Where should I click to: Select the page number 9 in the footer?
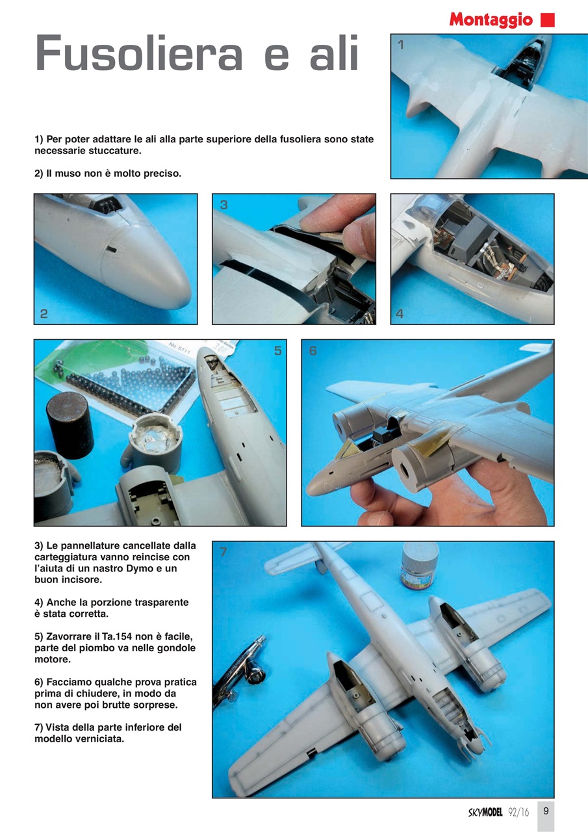546,811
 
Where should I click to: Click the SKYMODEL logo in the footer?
485,812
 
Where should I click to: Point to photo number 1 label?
401,45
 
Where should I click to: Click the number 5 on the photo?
277,350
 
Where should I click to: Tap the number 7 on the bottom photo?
223,552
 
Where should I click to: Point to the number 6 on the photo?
313,350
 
